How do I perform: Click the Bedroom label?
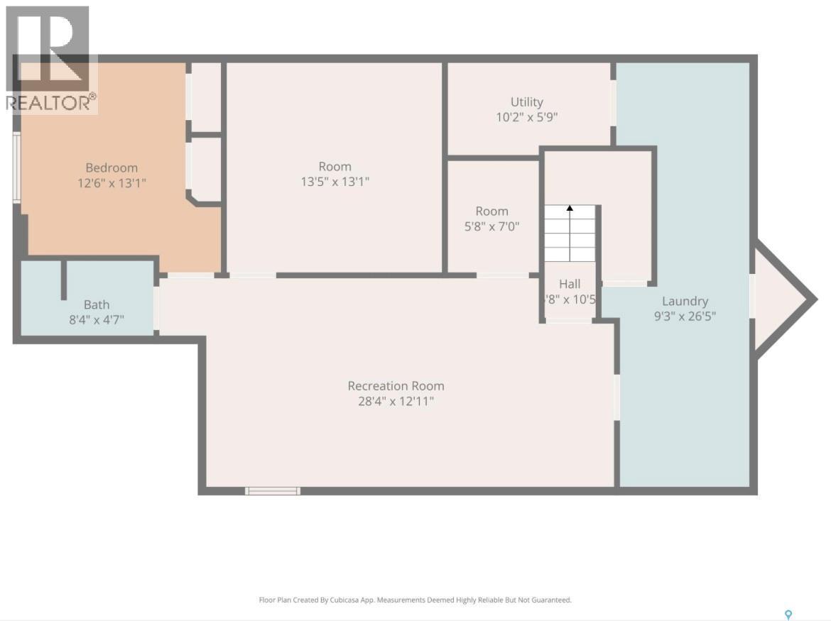[x=112, y=167]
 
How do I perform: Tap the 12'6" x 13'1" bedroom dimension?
[x=112, y=182]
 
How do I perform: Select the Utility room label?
[x=526, y=102]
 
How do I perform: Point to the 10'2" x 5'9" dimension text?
[x=526, y=117]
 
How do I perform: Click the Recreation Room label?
[x=396, y=386]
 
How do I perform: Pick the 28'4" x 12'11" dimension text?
[x=396, y=401]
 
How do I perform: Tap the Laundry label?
[x=685, y=301]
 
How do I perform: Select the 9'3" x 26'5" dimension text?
[x=685, y=316]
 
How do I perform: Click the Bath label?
[x=97, y=304]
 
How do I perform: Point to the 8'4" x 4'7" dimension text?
[x=97, y=319]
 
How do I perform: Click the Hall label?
[x=570, y=284]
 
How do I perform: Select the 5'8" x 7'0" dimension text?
[x=491, y=226]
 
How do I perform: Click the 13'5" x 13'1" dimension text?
[x=335, y=182]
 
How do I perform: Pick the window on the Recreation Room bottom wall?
[x=273, y=490]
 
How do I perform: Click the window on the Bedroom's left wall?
[x=17, y=168]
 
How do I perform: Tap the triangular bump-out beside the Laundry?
[x=778, y=299]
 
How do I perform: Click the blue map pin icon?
[x=787, y=615]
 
